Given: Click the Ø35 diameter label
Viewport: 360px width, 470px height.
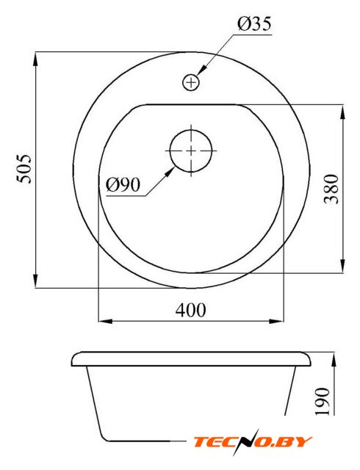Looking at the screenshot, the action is [x=254, y=24].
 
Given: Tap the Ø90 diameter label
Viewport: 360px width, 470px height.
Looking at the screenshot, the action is [x=123, y=184].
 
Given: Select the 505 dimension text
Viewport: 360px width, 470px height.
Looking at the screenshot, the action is [x=24, y=169].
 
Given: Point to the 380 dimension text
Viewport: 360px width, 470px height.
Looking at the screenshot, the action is [x=331, y=189].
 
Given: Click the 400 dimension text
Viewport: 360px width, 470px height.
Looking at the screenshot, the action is [x=191, y=310].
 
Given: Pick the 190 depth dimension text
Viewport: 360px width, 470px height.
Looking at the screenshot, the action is [x=323, y=401].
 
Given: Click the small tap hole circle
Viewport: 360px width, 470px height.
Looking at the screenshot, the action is [x=191, y=82].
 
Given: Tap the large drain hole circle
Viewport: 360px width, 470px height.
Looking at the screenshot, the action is [x=191, y=151].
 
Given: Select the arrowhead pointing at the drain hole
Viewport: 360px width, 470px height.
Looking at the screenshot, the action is [x=170, y=172].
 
